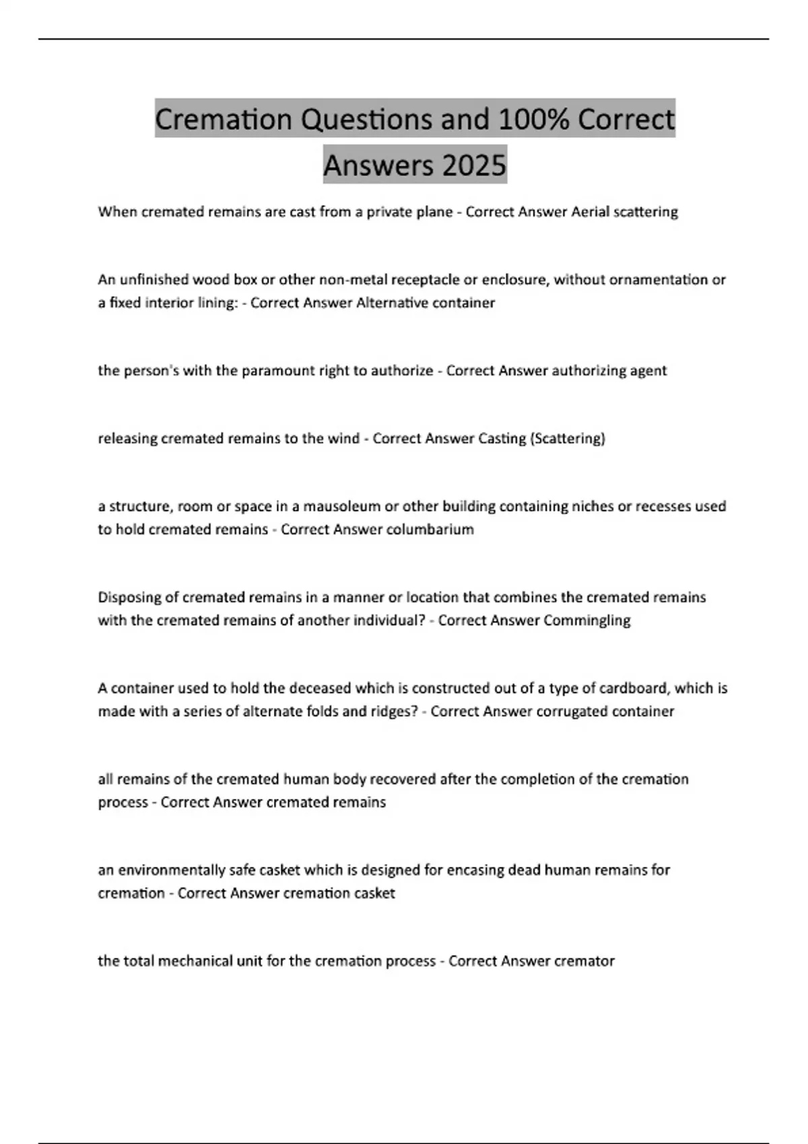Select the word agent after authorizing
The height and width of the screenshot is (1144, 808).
point(646,371)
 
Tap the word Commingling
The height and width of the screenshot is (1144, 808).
point(586,620)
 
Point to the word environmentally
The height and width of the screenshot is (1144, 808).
point(171,870)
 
